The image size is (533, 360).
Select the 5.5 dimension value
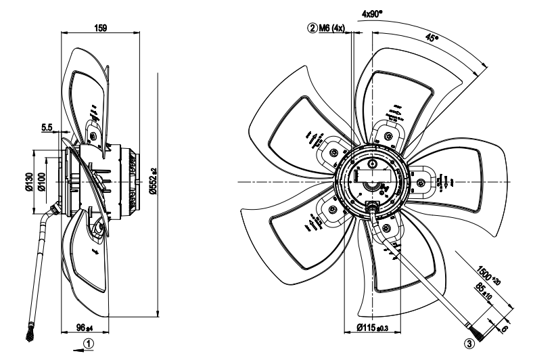click(47, 127)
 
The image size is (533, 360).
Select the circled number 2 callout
click(312, 28)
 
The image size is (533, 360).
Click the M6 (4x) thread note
click(332, 28)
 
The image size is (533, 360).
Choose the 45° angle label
click(431, 39)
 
